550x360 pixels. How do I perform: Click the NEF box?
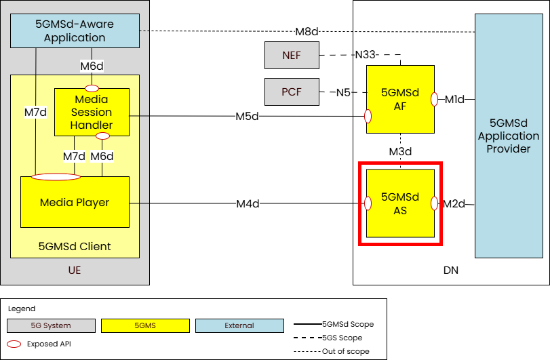pos(292,55)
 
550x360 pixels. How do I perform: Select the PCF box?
pos(292,92)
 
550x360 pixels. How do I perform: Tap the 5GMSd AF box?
pos(400,98)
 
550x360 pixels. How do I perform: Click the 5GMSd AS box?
pos(400,203)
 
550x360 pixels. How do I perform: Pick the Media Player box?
pos(75,202)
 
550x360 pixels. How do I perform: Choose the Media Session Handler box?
pos(92,110)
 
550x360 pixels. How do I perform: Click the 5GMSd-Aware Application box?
pos(75,31)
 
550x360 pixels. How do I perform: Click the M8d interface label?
pos(307,31)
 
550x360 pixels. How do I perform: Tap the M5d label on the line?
pos(248,116)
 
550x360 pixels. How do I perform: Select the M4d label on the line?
pos(248,203)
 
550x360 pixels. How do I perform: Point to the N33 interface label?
pos(367,55)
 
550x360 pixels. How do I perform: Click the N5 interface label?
pos(344,92)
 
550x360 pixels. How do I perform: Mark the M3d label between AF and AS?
pos(400,151)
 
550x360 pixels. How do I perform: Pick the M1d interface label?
pos(454,100)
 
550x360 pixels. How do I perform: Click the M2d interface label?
pos(454,203)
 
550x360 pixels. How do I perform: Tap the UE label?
pos(75,270)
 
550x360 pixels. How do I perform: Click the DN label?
pos(450,270)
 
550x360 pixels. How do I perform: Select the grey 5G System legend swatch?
pos(51,325)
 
